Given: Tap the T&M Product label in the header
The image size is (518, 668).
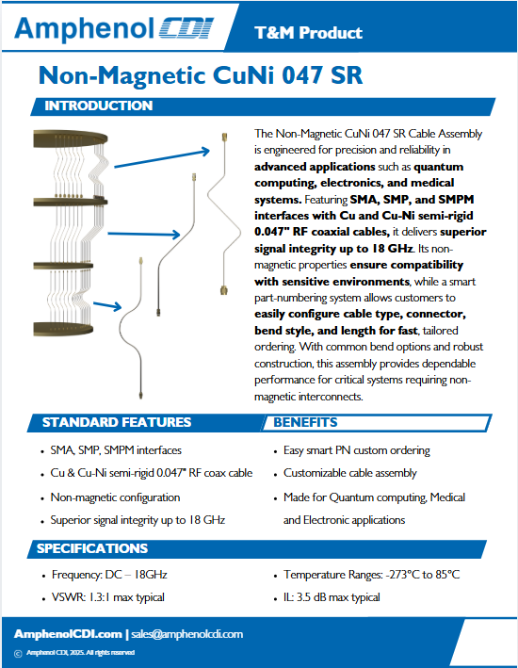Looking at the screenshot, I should (309, 33).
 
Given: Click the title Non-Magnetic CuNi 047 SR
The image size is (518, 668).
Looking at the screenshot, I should (201, 75).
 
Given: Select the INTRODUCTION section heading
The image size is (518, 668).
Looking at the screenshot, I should (99, 106).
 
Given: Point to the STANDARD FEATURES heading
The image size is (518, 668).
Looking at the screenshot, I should (117, 422).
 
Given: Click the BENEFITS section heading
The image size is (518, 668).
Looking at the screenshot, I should (306, 422).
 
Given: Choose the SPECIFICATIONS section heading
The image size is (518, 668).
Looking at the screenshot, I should (92, 548).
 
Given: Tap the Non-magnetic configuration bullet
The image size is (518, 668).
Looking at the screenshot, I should (116, 497).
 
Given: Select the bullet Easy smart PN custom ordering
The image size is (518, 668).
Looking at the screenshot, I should (357, 450).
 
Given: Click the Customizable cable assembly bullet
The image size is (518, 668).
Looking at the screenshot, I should (350, 473).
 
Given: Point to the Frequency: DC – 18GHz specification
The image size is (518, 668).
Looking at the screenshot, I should (109, 575).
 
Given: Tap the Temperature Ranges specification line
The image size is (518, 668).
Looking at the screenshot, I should (371, 575).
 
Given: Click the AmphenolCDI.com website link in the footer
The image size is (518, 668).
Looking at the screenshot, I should (68, 634).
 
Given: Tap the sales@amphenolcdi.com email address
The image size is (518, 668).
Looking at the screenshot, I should (187, 634).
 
